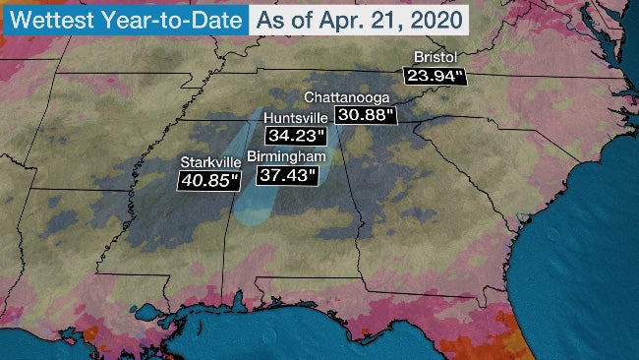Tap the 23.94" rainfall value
432,75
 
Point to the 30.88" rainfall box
365,115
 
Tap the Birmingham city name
287,156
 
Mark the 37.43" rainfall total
287,175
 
